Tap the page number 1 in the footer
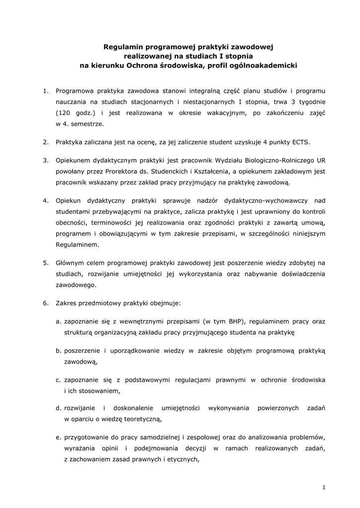pyautogui.click(x=323, y=488)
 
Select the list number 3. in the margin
pyautogui.click(x=45, y=160)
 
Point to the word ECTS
pyautogui.click(x=299, y=142)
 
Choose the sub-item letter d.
pyautogui.click(x=58, y=408)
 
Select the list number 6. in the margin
pyautogui.click(x=45, y=303)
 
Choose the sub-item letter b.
pyautogui.click(x=58, y=350)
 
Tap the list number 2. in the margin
pyautogui.click(x=45, y=142)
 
